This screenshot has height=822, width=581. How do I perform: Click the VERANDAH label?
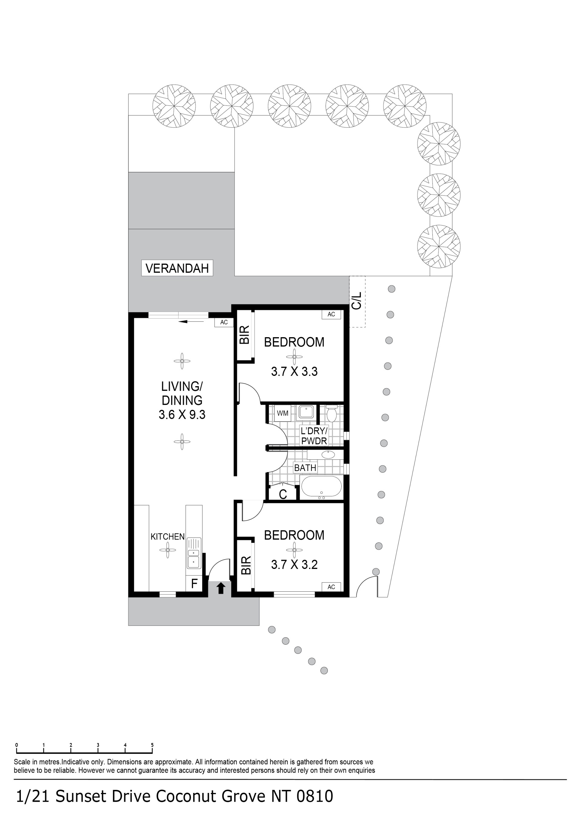177,268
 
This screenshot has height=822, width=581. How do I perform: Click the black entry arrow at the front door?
221,588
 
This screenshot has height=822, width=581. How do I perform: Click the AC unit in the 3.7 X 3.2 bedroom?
331,587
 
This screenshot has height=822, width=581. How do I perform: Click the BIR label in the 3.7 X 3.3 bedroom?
244,335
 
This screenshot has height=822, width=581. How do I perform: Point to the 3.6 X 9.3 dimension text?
182,415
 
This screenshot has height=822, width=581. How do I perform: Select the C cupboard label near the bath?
283,495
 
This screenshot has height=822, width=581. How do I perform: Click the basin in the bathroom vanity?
328,455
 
